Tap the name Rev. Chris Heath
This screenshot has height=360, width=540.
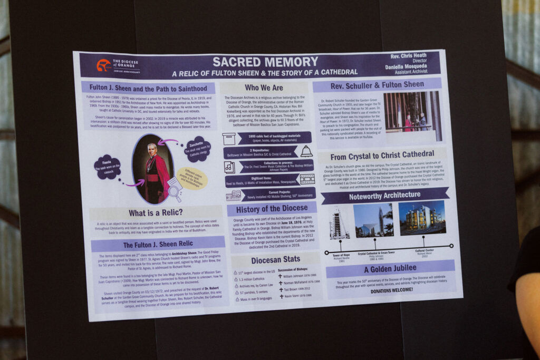point(409,56)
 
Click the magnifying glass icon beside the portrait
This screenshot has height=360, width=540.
point(175,187)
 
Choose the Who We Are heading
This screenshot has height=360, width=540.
point(264,87)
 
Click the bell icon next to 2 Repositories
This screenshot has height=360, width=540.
point(306,152)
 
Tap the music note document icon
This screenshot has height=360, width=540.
point(229,167)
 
